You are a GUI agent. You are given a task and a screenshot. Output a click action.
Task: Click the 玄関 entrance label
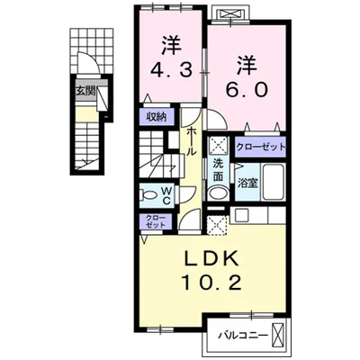(85, 91)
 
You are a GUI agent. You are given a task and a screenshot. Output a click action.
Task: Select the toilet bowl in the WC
(148, 195)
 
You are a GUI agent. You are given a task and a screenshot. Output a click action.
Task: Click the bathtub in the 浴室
(274, 182)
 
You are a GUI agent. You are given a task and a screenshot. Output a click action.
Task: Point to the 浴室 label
(247, 183)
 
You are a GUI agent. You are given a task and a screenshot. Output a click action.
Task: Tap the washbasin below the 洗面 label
(219, 193)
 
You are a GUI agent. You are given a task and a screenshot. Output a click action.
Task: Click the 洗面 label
(218, 170)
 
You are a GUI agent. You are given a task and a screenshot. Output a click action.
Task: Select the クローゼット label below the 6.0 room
(261, 147)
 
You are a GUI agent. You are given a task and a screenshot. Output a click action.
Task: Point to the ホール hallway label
(192, 141)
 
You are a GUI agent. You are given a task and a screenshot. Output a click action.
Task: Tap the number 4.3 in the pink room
(171, 71)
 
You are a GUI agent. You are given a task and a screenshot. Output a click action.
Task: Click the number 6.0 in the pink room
(247, 90)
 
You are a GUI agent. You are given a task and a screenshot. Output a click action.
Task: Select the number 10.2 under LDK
(211, 283)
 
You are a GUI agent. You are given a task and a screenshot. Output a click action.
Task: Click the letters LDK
(211, 258)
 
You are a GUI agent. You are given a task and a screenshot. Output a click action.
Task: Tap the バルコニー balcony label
(243, 335)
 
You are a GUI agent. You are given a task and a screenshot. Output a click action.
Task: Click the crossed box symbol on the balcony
(277, 335)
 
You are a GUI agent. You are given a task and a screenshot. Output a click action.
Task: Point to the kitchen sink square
(240, 215)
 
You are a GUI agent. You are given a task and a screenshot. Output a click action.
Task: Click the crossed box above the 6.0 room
(230, 13)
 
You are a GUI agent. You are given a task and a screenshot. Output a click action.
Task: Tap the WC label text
(166, 195)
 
